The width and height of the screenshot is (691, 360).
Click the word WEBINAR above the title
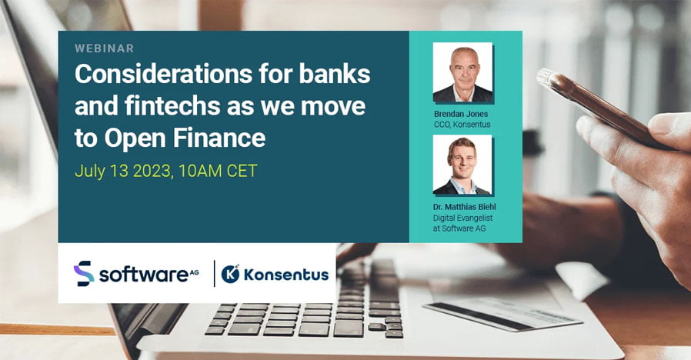pyautogui.click(x=105, y=48)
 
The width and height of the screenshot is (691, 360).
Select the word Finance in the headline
pyautogui.click(x=219, y=138)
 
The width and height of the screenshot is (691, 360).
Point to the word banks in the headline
pyautogui.click(x=335, y=74)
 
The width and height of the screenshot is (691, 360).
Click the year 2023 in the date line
pyautogui.click(x=152, y=171)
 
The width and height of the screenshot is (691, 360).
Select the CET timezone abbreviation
pyautogui.click(x=242, y=171)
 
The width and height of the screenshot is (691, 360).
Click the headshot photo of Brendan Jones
pyautogui.click(x=462, y=73)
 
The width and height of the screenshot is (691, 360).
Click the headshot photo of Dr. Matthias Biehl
pyautogui.click(x=462, y=165)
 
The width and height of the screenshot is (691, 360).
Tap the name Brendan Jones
pyautogui.click(x=461, y=114)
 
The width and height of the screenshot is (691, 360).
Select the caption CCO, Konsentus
pyautogui.click(x=462, y=125)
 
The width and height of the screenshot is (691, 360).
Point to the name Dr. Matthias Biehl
pyautogui.click(x=465, y=207)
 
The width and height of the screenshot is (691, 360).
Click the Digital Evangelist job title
pyautogui.click(x=462, y=218)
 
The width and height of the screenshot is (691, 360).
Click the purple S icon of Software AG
pyautogui.click(x=83, y=274)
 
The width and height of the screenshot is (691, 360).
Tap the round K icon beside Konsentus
pyautogui.click(x=230, y=274)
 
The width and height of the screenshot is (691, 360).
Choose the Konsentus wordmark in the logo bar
pyautogui.click(x=286, y=275)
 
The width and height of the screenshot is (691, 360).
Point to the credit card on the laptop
pyautogui.click(x=502, y=313)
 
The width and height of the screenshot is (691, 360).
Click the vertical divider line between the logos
pyautogui.click(x=215, y=274)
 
